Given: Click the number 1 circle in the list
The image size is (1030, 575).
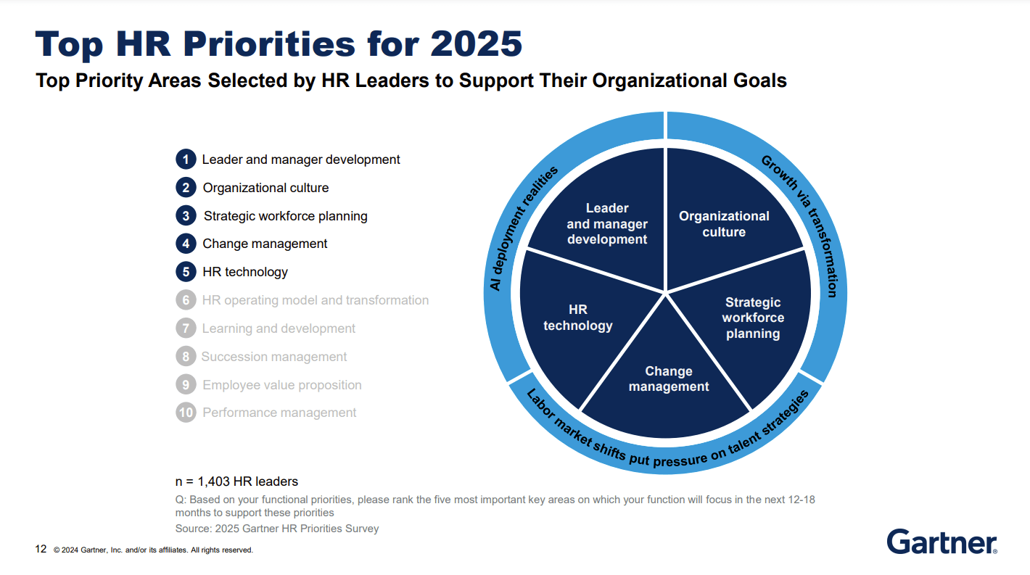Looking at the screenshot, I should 186,160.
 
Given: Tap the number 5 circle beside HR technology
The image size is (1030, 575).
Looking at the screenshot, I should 186,272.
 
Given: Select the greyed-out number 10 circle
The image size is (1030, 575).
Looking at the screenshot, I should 186,413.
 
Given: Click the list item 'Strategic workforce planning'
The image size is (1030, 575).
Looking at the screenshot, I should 285,216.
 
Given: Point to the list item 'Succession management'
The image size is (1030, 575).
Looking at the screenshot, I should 274,357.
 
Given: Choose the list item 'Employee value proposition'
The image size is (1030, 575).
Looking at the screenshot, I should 281,385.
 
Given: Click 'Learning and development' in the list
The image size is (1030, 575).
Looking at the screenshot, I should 279,328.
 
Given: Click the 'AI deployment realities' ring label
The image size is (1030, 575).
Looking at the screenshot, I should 523,228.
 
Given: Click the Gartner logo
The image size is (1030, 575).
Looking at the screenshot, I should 942,542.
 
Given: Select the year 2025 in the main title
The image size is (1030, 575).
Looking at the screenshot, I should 477,44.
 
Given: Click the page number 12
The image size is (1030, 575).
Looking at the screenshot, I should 41,549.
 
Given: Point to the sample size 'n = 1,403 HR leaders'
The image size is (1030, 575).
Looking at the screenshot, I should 236,481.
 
